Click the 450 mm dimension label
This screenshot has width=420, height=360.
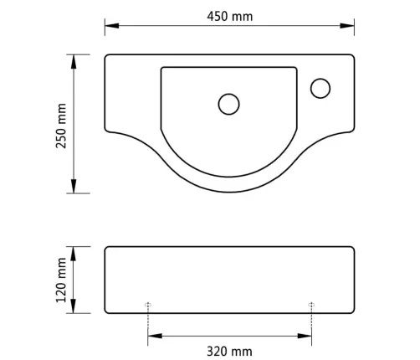pyautogui.click(x=230, y=17)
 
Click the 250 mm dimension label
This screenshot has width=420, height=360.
pyautogui.click(x=61, y=126)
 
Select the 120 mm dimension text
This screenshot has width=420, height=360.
pyautogui.click(x=61, y=280)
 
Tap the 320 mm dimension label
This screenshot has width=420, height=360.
pyautogui.click(x=229, y=352)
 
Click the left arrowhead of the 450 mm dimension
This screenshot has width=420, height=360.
pyautogui.click(x=112, y=26)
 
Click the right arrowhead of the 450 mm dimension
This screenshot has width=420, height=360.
pyautogui.click(x=347, y=26)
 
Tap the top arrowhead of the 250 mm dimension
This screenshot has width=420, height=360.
pyautogui.click(x=74, y=62)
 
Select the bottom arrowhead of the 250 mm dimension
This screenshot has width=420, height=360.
pyautogui.click(x=74, y=186)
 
